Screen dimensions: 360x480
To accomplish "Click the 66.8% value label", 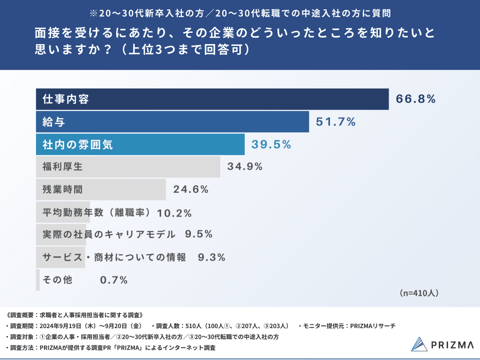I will tap(416, 99).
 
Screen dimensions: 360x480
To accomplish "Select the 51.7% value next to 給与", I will tap(336, 122).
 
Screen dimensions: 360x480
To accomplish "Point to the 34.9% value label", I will tap(245, 166).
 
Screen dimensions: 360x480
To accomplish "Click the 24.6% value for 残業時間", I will tap(191, 189).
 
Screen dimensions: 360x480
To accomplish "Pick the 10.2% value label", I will tap(174, 213).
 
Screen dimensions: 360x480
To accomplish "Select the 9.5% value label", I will tap(199, 234).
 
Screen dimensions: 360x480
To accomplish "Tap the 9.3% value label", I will tap(212, 257).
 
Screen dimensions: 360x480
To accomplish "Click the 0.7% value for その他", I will tap(114, 280).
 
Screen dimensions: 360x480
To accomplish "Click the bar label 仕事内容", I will tap(66, 99).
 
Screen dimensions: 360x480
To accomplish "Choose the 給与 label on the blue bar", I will tap(53, 122).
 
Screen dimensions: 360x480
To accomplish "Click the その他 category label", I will tap(57, 280).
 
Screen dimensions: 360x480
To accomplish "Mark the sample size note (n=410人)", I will tap(419, 293).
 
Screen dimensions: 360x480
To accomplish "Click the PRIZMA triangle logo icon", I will tap(420, 344).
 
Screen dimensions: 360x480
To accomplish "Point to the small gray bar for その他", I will tap(38, 280).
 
